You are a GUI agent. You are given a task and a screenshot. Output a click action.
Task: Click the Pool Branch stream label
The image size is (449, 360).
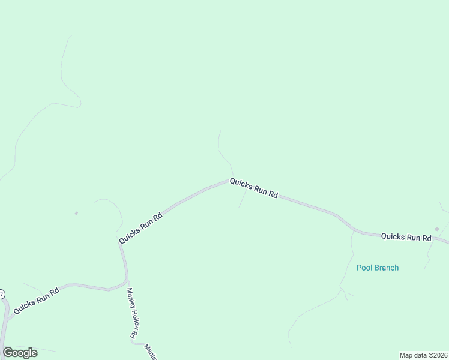coord(378,268)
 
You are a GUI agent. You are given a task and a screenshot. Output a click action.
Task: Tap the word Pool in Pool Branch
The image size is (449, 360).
coord(365,268)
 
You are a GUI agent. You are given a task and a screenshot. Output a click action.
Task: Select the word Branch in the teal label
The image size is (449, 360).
coord(386,268)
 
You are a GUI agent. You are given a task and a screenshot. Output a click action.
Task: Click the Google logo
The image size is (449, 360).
coord(20,353)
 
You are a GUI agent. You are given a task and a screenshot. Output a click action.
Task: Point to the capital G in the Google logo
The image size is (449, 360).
coord(8,353)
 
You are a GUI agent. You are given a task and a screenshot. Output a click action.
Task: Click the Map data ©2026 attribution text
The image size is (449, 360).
coord(424,355)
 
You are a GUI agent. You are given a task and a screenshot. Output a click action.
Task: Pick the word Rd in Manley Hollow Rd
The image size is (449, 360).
coord(132,335)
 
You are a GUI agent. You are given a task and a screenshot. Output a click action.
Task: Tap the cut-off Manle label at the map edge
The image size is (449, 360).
coord(150,352)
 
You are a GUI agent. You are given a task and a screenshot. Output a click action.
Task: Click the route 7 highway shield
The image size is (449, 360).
coord(2,295)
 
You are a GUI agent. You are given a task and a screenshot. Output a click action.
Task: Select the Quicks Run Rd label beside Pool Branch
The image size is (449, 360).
coord(406,237)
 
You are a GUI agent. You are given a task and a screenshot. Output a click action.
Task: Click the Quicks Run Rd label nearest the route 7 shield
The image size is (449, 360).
coord(36,300)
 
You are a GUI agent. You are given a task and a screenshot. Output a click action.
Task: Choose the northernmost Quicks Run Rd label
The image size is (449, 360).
coord(253,188)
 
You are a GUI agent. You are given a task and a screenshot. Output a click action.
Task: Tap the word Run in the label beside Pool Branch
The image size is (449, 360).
coord(409,237)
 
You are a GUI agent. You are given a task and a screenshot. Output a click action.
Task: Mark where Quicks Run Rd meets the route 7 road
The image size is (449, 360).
coord(7,317)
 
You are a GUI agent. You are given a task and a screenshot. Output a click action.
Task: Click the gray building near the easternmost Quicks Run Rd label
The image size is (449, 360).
coord(437,229)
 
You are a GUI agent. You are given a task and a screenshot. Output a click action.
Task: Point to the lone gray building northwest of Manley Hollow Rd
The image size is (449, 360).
coord(76,213)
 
